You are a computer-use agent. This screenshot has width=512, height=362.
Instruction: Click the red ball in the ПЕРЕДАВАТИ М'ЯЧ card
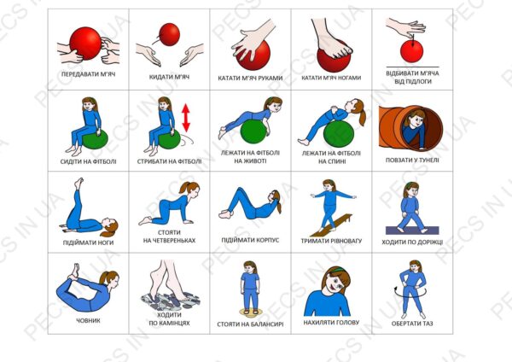coord(85,44)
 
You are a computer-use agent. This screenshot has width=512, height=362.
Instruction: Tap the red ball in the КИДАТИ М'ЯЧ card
coord(170,34)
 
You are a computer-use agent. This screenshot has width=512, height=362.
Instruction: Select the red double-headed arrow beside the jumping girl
coord(186,118)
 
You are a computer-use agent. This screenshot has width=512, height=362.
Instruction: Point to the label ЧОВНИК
coord(88,320)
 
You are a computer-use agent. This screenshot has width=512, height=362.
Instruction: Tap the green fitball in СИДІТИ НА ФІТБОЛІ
coord(95,139)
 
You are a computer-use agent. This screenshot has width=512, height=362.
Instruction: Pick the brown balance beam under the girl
coord(331,225)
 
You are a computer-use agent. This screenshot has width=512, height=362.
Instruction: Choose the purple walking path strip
coord(412,231)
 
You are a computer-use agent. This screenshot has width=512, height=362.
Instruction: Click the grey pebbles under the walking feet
coord(170,301)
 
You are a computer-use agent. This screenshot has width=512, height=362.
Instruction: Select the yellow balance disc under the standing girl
coord(250,312)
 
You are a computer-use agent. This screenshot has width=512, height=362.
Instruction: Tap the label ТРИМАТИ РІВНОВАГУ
coord(331,241)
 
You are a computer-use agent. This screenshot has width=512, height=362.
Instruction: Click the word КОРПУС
coord(265,240)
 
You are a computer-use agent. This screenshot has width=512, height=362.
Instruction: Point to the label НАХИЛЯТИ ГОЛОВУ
coord(331,323)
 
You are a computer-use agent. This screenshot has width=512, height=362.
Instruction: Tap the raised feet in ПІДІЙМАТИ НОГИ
coord(79,183)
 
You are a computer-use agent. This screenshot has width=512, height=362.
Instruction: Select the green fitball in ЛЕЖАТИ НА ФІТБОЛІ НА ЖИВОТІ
coord(253,131)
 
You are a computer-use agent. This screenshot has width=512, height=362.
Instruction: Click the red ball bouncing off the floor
coord(412,51)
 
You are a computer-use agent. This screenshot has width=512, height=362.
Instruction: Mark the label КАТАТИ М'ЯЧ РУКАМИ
coord(250,78)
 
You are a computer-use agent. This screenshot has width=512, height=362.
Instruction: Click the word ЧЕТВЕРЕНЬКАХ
coord(169,241)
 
